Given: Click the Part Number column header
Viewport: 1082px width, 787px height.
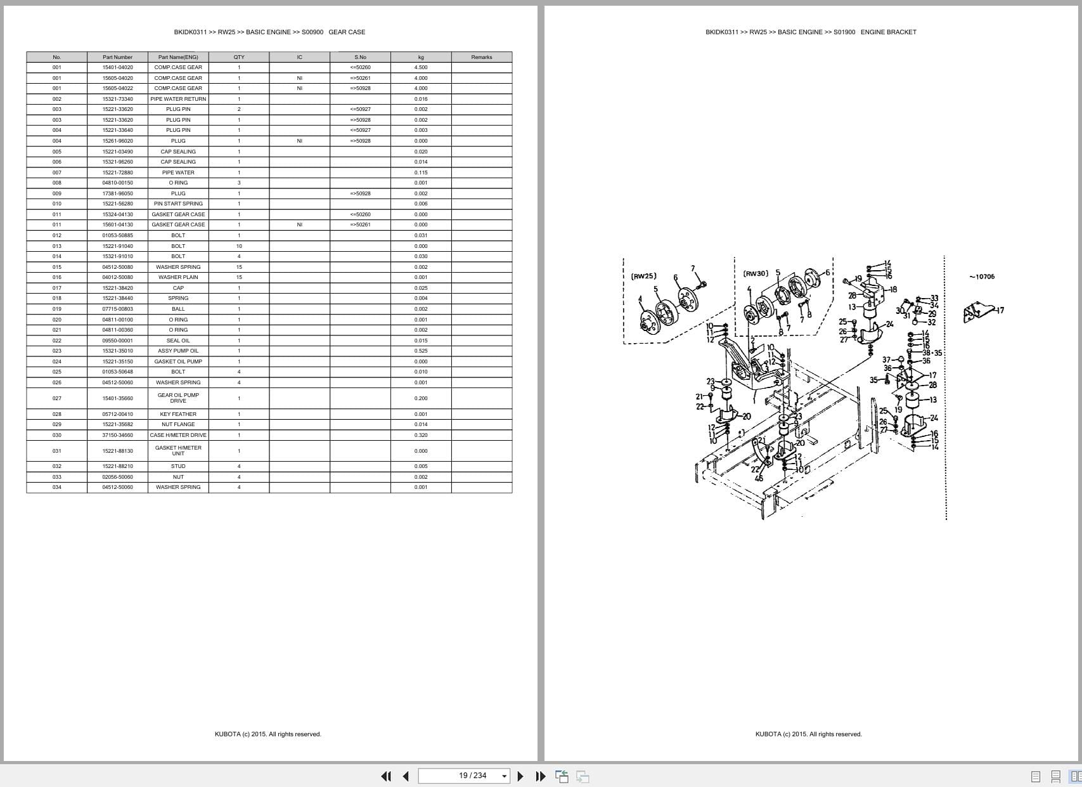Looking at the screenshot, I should point(117,57).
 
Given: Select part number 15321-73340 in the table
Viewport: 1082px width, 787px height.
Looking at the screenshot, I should point(117,99).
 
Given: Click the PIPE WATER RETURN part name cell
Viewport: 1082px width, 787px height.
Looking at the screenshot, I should point(178,99).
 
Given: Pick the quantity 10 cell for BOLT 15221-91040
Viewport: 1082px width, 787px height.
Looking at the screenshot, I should point(239,246).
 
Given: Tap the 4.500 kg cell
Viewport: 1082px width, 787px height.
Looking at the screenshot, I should point(421,67).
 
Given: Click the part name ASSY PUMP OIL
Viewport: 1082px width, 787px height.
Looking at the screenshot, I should point(178,351).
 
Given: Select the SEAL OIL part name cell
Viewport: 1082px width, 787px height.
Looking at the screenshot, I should point(178,341).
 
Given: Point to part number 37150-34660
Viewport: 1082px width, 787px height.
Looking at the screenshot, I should point(117,435).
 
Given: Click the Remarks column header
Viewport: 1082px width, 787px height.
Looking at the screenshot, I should point(481,57).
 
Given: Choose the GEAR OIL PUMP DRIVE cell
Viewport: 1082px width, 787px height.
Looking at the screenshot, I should point(178,398).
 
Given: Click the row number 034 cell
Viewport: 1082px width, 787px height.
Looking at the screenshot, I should point(57,487).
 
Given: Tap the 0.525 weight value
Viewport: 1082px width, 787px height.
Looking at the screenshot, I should point(421,351).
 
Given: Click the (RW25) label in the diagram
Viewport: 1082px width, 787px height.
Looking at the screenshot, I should point(643,276).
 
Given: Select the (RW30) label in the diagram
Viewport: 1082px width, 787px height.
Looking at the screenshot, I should point(756,273).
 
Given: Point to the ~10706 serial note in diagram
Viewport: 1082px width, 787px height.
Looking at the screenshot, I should point(982,276).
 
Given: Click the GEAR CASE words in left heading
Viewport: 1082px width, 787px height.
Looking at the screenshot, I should point(347,32).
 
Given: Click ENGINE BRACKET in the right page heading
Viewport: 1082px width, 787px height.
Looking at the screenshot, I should point(888,32).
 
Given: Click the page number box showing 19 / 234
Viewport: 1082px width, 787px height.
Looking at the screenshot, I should point(464,776).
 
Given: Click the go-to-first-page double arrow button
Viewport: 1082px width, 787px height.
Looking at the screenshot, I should point(385,776).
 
